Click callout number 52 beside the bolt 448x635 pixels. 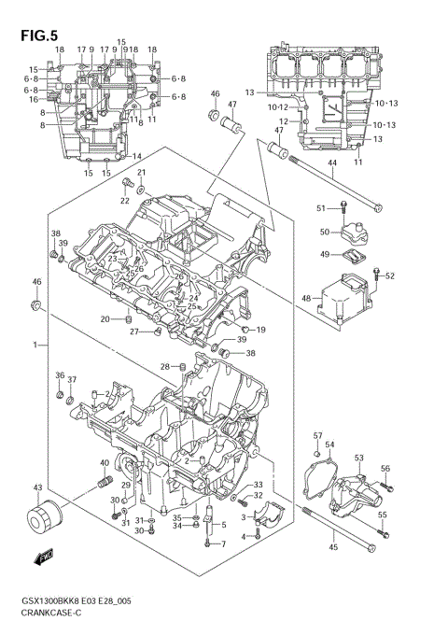[390, 275]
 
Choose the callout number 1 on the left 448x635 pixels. [34, 346]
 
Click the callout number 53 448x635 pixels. [359, 458]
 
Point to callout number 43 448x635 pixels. [37, 487]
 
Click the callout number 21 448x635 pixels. [142, 173]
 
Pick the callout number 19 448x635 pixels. [260, 330]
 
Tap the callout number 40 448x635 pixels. [105, 463]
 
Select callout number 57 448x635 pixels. [317, 436]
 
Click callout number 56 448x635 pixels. [385, 469]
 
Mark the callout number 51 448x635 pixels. [321, 207]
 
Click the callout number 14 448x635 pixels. [136, 156]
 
